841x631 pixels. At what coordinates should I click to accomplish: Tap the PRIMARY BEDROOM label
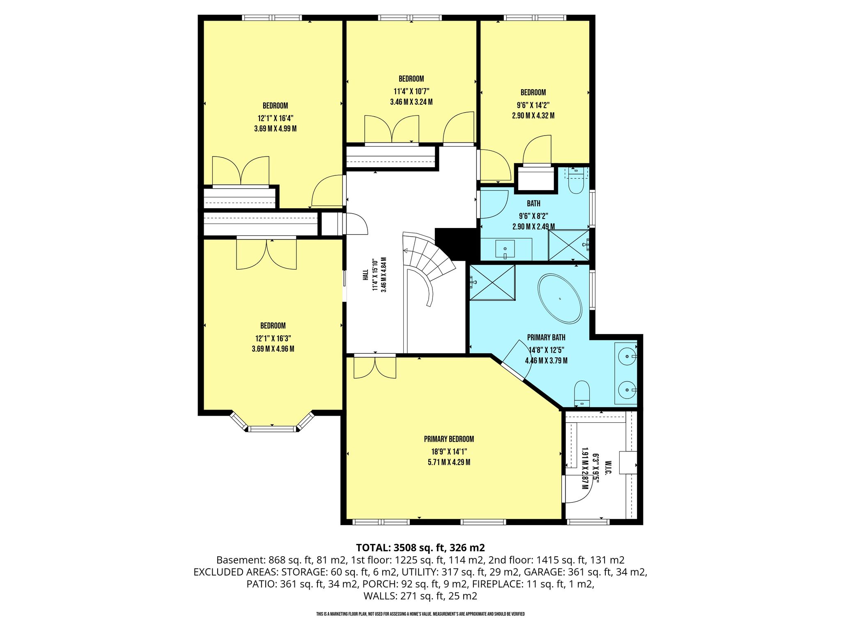(449, 439)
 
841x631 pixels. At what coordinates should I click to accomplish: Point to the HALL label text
(365, 275)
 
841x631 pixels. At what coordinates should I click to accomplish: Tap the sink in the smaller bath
(505, 249)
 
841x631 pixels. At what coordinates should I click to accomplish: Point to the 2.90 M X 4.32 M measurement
(533, 116)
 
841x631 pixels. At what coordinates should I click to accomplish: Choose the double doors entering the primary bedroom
(375, 366)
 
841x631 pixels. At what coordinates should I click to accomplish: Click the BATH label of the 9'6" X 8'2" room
(533, 203)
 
